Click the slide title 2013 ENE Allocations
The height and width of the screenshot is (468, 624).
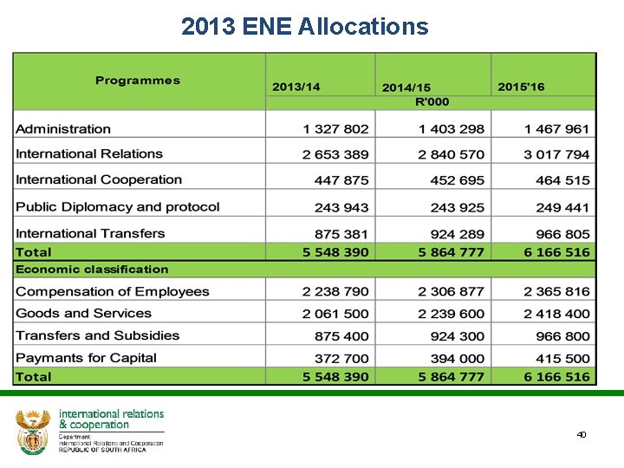pos(305,27)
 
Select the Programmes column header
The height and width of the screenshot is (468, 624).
pos(138,81)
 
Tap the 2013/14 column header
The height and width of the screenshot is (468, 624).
pos(296,87)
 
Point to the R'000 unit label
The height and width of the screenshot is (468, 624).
pos(432,101)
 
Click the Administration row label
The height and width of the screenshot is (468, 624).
pos(63,129)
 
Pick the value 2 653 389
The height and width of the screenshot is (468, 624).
pos(335,154)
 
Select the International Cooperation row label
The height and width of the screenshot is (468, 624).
pos(99,180)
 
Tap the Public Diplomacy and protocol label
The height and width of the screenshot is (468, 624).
pos(118,207)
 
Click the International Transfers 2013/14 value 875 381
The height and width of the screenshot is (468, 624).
pos(341,234)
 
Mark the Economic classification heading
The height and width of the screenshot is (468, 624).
pos(92,270)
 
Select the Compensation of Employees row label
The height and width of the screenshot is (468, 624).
pos(113,292)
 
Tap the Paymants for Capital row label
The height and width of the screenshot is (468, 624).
pos(86,358)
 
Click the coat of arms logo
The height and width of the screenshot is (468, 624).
pos(33,431)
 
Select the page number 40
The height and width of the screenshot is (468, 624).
pos(582,434)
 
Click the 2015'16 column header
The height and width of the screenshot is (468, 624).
pos(521,87)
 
